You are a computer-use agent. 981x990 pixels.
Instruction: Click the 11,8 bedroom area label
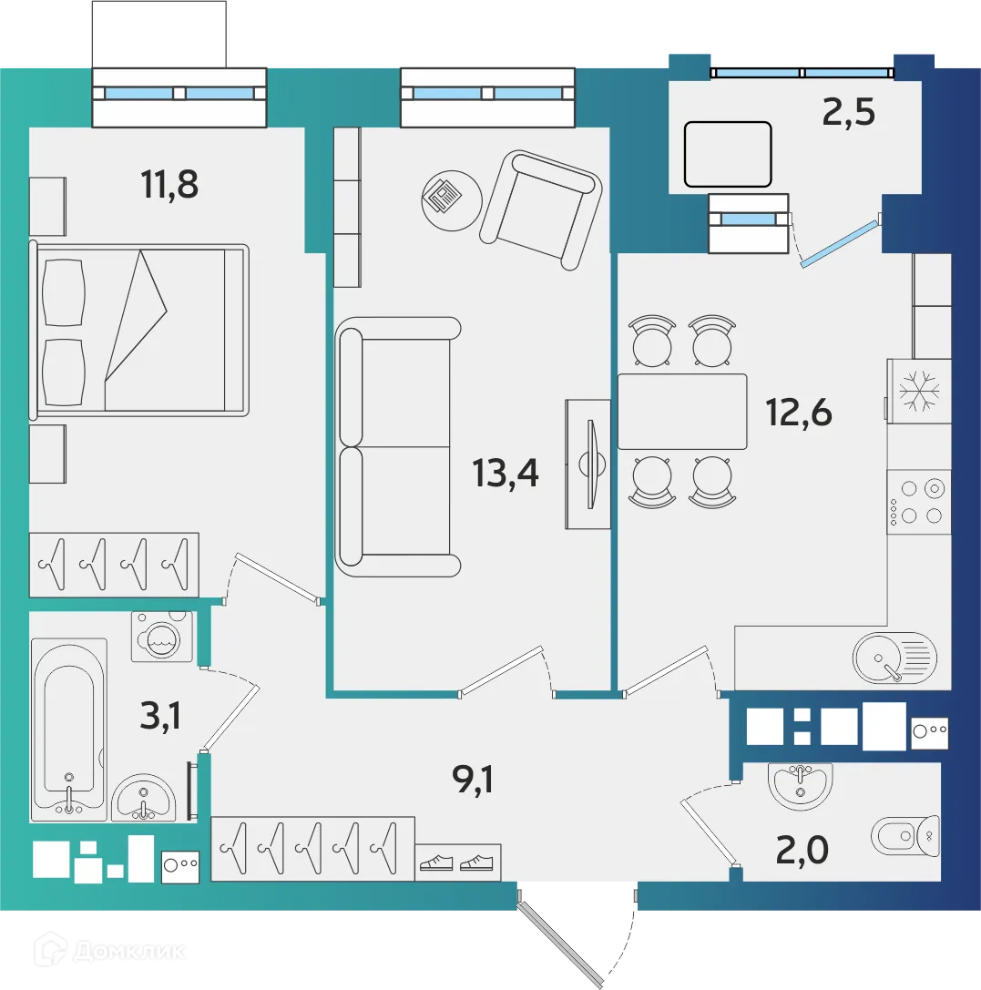coord(169,184)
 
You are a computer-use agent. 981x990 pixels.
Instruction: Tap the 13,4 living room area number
coord(505,473)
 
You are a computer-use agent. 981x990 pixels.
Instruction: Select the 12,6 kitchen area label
coord(799,413)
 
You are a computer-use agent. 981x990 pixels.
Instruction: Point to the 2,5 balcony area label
coord(848,112)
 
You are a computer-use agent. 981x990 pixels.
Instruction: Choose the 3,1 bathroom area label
coord(160,716)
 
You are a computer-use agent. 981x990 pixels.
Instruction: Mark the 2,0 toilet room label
coord(802,850)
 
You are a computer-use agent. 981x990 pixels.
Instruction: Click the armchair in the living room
coord(540,210)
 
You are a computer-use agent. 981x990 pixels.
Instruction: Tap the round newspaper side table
coord(452,200)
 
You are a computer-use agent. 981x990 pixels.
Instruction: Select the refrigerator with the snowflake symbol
coord(918,391)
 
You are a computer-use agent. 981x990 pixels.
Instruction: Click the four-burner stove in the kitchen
coord(918,502)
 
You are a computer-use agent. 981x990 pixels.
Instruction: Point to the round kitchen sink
coord(894,658)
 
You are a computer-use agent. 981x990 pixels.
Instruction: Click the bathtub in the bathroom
coord(69,730)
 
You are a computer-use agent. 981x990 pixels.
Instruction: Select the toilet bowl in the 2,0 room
coord(905,836)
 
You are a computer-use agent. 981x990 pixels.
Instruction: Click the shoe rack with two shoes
coord(457,862)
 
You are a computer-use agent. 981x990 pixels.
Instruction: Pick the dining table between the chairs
coord(681,411)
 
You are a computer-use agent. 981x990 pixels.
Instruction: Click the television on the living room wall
coord(588,464)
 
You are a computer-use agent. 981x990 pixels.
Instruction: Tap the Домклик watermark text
coord(128,951)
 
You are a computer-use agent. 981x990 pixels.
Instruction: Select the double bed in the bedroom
coord(138,330)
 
